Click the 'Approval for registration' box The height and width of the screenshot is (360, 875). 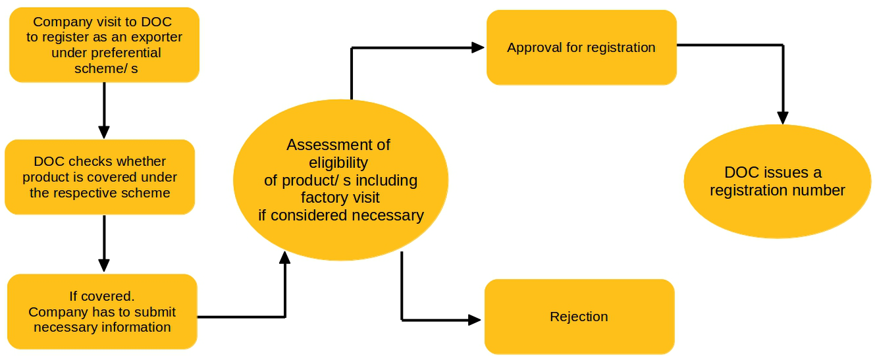(581, 47)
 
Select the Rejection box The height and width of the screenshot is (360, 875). (579, 317)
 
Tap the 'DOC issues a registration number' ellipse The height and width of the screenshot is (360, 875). (778, 181)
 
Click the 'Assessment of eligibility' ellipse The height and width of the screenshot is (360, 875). (340, 180)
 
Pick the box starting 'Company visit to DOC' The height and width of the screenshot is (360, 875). (104, 45)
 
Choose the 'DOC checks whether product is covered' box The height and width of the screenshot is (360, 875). (99, 177)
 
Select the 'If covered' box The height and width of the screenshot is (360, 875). (102, 311)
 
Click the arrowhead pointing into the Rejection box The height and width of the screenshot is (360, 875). (475, 320)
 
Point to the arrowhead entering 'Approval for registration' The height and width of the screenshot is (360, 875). (478, 47)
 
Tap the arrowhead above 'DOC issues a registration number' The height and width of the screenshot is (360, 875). (782, 118)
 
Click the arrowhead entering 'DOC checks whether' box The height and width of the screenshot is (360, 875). (104, 132)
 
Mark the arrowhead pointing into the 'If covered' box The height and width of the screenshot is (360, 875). (104, 265)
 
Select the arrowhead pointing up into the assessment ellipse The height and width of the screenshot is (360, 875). (285, 258)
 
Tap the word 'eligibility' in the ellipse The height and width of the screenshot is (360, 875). (338, 163)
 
